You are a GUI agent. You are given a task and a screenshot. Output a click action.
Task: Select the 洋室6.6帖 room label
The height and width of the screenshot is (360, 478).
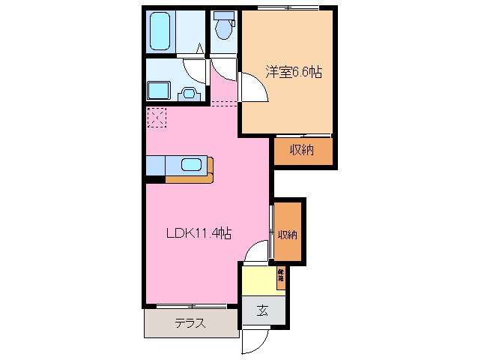tap(293, 72)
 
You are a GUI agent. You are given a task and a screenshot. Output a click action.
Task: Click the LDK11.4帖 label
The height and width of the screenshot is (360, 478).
tap(198, 232)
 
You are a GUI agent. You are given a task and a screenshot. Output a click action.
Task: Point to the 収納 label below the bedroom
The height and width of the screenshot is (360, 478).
tap(301, 150)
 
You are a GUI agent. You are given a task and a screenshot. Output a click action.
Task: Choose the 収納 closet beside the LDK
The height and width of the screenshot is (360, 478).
tap(288, 234)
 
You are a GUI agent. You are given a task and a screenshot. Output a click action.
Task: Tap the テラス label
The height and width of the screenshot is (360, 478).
tap(190, 324)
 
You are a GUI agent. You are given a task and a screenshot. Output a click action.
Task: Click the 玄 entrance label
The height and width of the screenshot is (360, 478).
tap(264, 310)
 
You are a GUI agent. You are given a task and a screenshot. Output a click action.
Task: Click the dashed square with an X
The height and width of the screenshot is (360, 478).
tap(157, 117)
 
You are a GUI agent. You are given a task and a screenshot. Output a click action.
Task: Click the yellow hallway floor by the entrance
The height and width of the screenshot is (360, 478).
tap(258, 281)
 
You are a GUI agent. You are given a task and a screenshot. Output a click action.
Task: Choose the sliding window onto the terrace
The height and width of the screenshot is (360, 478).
tap(190, 306)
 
